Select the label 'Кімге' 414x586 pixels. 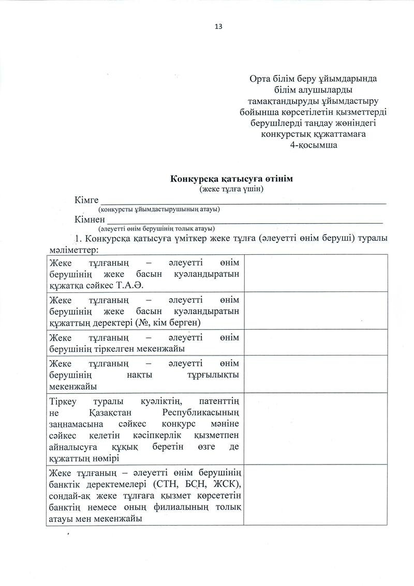coord(86,200)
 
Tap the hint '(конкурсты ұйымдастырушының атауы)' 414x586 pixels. coord(159,209)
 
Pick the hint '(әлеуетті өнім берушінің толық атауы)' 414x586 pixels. coord(157,228)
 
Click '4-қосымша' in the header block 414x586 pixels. coord(314,145)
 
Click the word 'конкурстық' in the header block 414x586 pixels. coord(287,134)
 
